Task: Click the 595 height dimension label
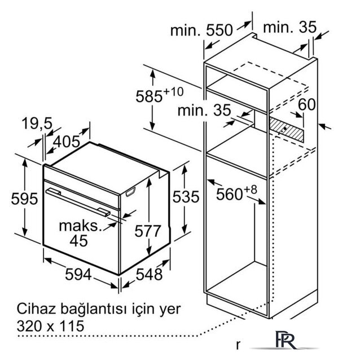coord(24,199)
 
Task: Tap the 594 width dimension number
coord(78,274)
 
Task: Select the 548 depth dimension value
coord(150,274)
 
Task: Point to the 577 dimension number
coord(148,231)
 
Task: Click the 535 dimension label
coord(186,197)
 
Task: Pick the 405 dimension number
coord(67,142)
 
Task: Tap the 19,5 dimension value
coord(37,124)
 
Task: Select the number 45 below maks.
coord(79,241)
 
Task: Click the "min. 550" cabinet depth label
coord(201,30)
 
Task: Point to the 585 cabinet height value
coord(149,96)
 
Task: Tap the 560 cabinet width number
coord(230,194)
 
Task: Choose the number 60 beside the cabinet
coord(307,104)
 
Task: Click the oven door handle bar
coord(78,202)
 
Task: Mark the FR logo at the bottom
coord(286,340)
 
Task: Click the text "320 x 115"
coord(51,326)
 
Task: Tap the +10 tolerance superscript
coord(173,91)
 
